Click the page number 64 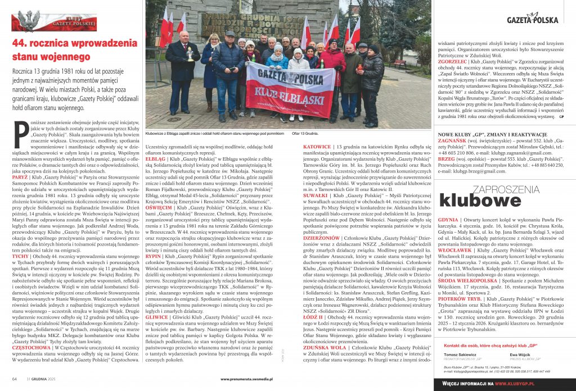tap(15, 380)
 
